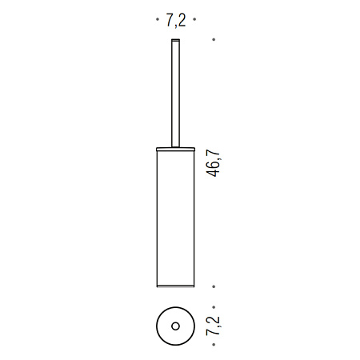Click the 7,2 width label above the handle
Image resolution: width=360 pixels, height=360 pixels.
point(176,20)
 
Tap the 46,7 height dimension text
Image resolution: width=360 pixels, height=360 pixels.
point(213,163)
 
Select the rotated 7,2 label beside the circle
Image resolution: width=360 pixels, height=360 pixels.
point(213,326)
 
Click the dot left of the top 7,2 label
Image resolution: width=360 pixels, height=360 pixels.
point(158,19)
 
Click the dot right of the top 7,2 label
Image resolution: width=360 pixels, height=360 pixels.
point(194,19)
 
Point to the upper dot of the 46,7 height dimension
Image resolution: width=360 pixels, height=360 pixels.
point(214,39)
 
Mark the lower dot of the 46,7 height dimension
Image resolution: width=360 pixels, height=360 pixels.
point(214,286)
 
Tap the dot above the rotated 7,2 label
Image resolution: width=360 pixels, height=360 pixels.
point(214,307)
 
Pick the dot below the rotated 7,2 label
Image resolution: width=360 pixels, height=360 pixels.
point(214,345)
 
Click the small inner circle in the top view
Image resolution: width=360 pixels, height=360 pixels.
point(175,326)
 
